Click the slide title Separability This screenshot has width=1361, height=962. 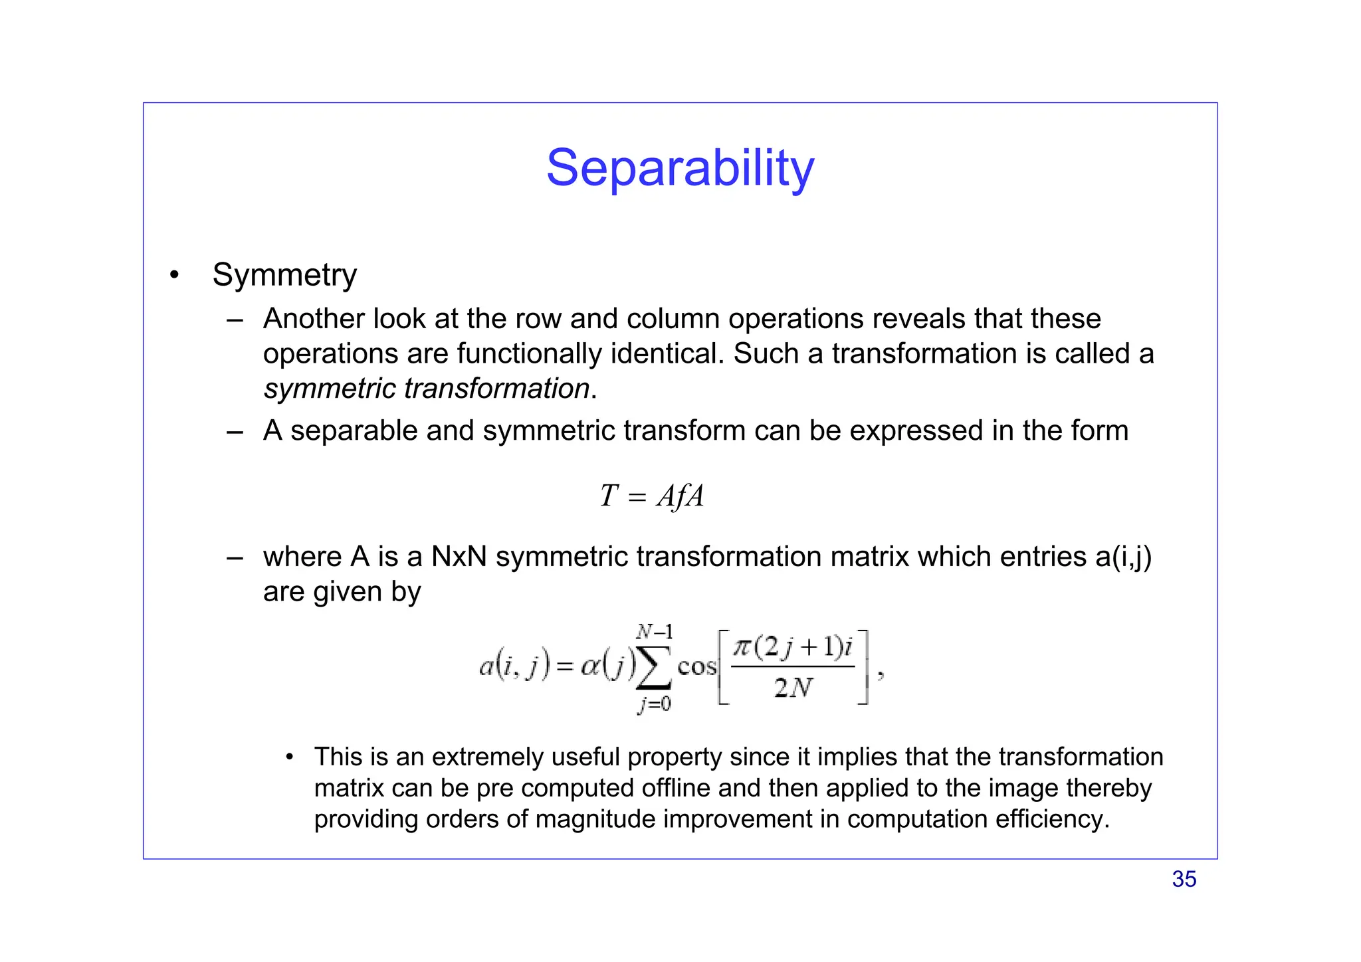[x=680, y=168]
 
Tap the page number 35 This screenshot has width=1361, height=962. [x=1184, y=879]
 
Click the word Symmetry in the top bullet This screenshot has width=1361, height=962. [x=284, y=275]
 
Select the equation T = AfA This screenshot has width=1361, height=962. [x=651, y=496]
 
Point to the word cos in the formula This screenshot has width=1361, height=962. [x=696, y=666]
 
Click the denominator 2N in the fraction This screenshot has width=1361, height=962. [x=793, y=688]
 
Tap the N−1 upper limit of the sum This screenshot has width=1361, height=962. [x=655, y=630]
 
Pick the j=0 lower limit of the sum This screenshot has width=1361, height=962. [x=655, y=704]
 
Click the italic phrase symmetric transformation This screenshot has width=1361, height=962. [x=426, y=389]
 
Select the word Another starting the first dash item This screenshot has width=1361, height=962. [x=314, y=319]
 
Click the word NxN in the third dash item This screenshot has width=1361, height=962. [x=459, y=557]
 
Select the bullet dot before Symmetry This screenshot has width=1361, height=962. [x=174, y=275]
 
